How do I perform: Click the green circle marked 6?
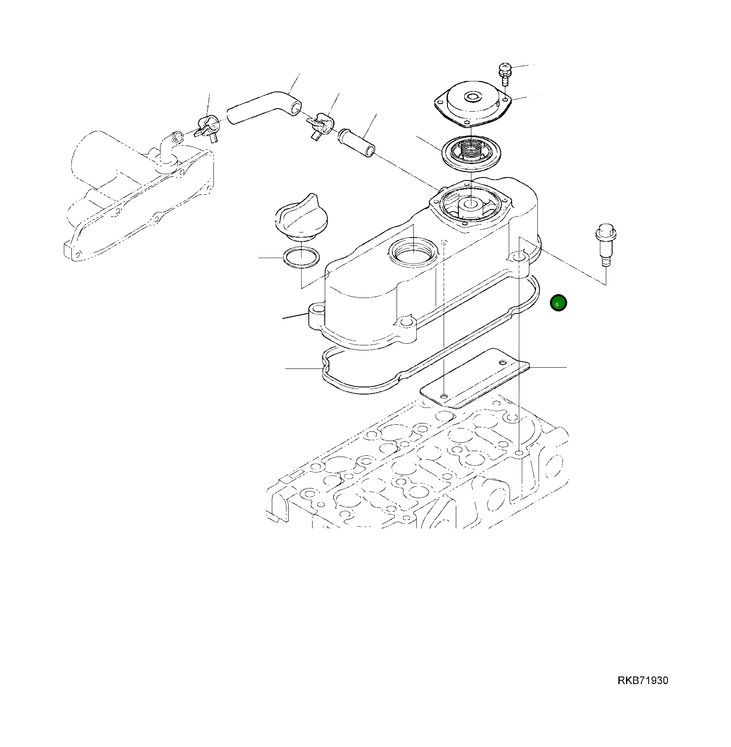pyautogui.click(x=558, y=303)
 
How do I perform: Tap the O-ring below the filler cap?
pyautogui.click(x=301, y=257)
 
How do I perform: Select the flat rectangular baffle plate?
pyautogui.click(x=475, y=378)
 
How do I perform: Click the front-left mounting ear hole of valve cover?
pyautogui.click(x=318, y=310)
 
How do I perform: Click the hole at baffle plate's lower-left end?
pyautogui.click(x=444, y=396)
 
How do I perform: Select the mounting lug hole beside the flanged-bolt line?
pyautogui.click(x=520, y=256)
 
